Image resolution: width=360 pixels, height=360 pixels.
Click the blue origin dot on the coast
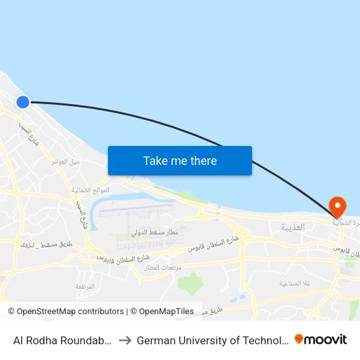23,101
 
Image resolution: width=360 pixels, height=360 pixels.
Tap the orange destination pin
338,207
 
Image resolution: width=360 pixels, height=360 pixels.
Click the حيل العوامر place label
66,160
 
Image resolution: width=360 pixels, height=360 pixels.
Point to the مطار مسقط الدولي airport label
155,232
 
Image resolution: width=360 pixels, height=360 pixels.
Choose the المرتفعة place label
84,286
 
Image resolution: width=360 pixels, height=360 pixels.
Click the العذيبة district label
293,227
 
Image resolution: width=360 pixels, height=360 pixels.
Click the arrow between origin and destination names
124,340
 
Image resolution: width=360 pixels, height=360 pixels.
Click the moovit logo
321,339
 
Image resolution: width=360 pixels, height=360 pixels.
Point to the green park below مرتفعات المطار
189,283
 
